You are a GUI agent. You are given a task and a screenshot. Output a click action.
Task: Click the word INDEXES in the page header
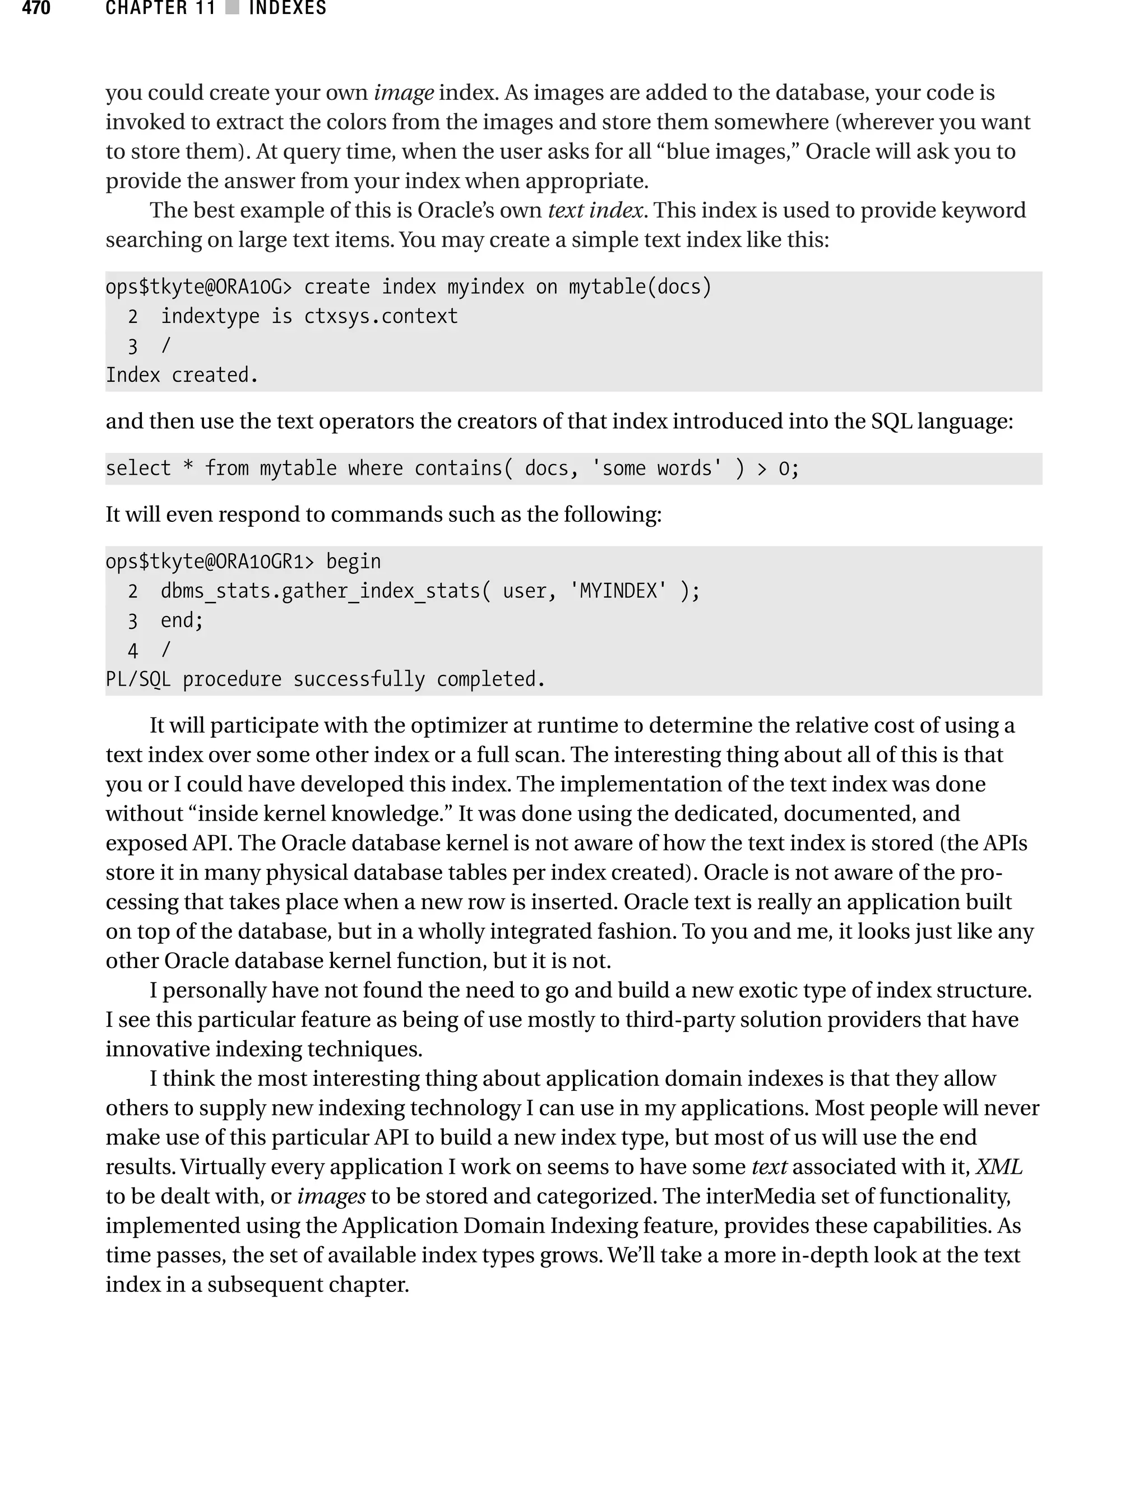click(x=288, y=8)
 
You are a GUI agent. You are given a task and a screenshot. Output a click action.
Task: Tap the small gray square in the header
click(x=232, y=8)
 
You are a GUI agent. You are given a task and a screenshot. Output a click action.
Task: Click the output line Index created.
click(x=182, y=375)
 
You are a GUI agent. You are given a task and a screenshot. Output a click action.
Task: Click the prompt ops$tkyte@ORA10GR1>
click(x=210, y=562)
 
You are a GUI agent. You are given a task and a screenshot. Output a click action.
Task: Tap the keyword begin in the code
click(x=353, y=562)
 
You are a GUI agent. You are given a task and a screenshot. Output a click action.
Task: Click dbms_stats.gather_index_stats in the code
click(x=321, y=591)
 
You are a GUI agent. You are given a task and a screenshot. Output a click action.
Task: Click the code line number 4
click(x=132, y=650)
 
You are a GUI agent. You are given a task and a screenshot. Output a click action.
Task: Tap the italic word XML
click(x=998, y=1166)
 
